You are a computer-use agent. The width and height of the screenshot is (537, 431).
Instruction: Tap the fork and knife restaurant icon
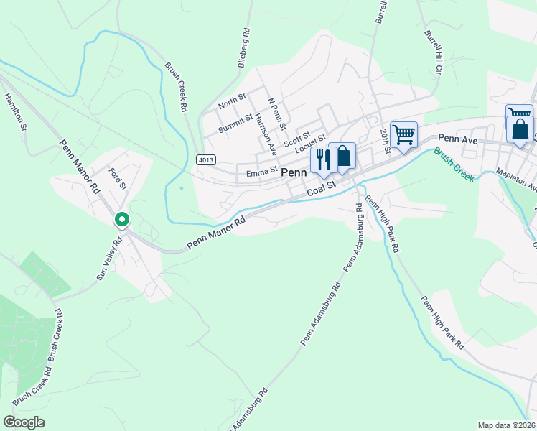coord(322,160)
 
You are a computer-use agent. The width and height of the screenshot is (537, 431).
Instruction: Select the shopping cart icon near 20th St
coord(404,134)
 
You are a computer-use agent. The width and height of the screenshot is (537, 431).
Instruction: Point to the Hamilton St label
coord(15,113)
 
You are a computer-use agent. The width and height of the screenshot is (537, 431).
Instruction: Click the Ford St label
coord(117,179)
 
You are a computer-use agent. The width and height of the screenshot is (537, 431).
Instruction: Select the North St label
coord(232,100)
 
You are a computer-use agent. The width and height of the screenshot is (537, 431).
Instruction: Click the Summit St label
coord(235,123)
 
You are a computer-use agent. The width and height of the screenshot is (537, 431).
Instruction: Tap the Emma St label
coord(261,172)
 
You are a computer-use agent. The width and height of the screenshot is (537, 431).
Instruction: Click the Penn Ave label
coord(457,137)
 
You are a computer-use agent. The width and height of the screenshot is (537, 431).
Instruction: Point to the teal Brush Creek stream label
coord(453,164)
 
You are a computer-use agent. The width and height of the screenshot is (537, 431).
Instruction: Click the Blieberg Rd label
coord(245,48)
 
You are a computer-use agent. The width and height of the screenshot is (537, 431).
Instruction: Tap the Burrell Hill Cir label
coord(431,52)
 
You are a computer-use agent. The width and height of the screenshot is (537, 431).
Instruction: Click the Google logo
coord(24,422)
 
